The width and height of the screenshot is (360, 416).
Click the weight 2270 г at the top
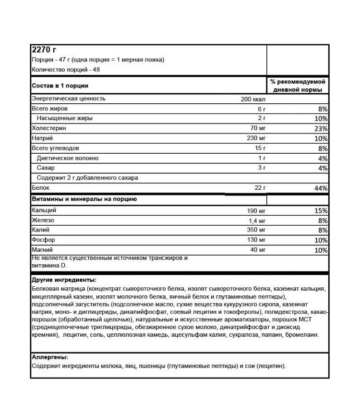pos(44,50)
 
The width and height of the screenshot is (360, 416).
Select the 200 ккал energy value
pos(253,99)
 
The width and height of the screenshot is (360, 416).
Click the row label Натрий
pos(42,138)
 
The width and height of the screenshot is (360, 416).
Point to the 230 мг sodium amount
pos(255,138)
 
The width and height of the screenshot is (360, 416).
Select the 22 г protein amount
pos(260,188)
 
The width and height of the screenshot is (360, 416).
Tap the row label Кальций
pos(44,210)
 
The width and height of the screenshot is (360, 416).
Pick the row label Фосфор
pos(43,240)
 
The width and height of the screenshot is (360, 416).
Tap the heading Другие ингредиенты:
pos(63,280)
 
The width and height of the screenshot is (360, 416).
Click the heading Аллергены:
pos(49,357)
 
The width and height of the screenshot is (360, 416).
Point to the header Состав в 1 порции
pos(60,86)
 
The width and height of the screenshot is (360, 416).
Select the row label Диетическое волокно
pos(67,158)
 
